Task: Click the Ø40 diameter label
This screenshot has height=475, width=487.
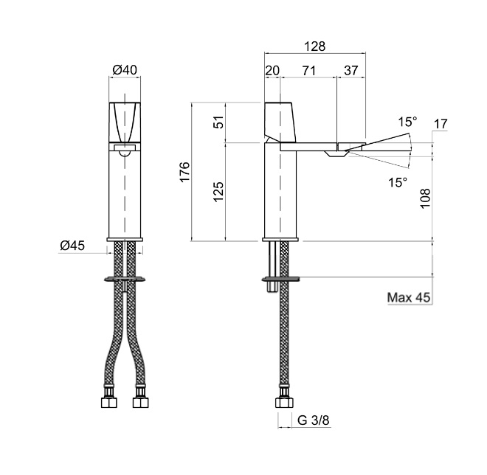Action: click(x=125, y=71)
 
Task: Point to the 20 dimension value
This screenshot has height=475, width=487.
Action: click(x=272, y=70)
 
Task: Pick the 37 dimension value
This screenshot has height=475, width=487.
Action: click(x=351, y=70)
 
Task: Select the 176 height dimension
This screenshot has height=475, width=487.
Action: click(x=184, y=171)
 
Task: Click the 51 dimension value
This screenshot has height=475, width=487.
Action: click(x=218, y=122)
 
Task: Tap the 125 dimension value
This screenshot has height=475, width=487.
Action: click(x=218, y=192)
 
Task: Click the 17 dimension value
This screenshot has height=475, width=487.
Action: click(x=441, y=124)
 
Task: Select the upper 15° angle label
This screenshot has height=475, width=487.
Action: click(x=407, y=120)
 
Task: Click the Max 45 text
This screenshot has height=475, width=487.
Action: click(x=409, y=298)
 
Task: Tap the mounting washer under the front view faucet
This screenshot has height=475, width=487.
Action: click(x=125, y=279)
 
